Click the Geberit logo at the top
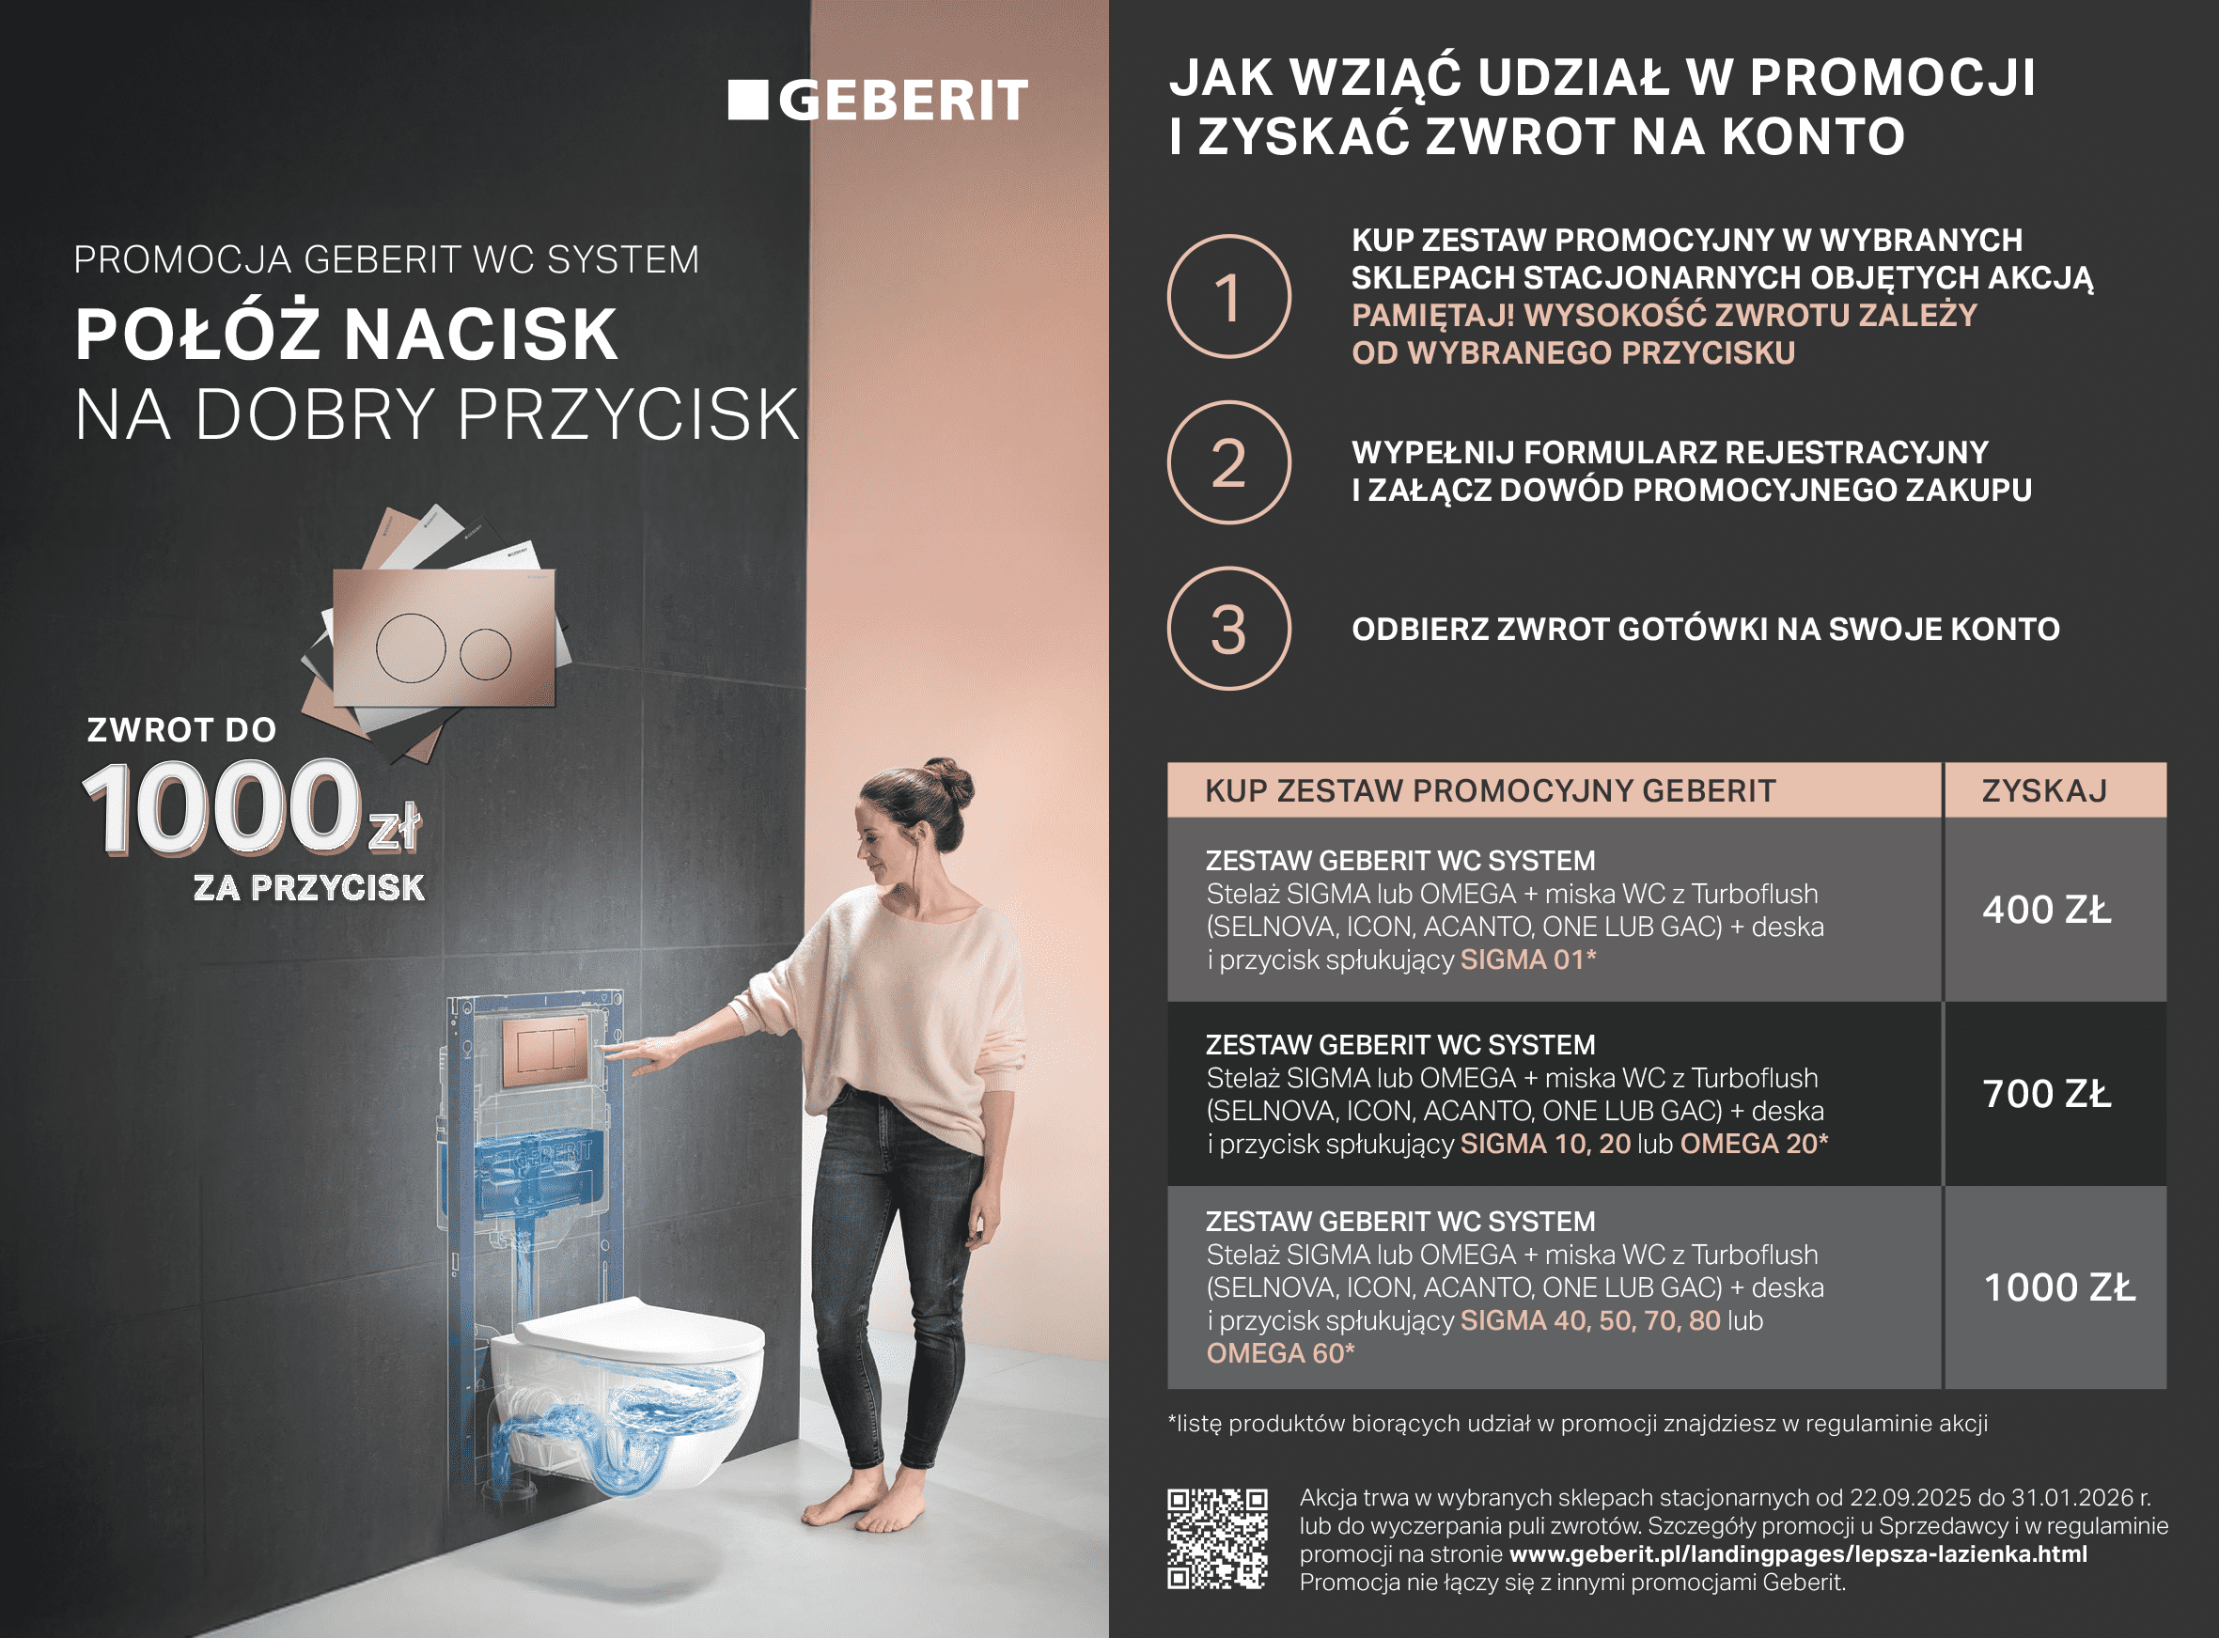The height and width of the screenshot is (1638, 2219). (878, 101)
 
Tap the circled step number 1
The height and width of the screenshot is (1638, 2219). (1229, 296)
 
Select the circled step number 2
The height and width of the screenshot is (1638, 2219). (1229, 462)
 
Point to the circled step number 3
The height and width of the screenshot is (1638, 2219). (1229, 629)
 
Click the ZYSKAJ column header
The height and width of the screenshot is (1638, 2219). (2044, 790)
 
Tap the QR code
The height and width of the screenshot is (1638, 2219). (1217, 1537)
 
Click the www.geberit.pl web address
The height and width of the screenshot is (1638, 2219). (1798, 1553)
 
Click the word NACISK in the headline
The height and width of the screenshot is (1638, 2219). (482, 335)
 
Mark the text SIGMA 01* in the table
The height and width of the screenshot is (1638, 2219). (1528, 959)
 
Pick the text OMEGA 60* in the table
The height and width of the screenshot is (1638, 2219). (1280, 1353)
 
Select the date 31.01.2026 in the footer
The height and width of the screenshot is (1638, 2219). (2071, 1497)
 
